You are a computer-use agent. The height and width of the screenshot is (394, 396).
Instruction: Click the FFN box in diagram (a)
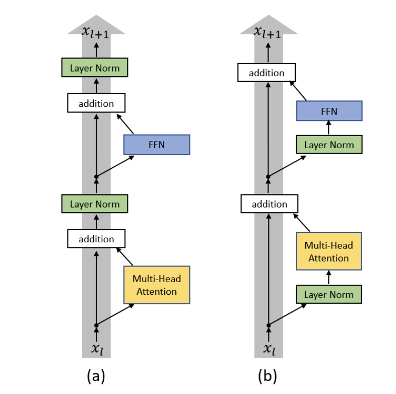157,145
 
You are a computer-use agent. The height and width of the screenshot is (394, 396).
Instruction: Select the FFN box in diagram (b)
329,110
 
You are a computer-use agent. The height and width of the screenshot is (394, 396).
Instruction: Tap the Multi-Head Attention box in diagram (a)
157,285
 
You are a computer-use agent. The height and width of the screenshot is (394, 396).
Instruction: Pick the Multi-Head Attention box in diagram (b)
329,251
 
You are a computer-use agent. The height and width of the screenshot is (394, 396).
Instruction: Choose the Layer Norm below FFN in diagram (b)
329,145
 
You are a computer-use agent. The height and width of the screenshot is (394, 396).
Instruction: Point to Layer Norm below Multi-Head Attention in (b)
329,294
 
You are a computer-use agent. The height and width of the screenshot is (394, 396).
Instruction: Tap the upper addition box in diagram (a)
96,103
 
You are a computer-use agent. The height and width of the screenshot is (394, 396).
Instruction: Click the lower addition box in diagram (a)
96,239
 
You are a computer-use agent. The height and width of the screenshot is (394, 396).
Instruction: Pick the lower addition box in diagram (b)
269,204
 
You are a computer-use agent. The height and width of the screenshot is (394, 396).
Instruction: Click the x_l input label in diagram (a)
96,349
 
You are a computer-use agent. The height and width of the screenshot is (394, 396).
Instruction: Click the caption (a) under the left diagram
96,375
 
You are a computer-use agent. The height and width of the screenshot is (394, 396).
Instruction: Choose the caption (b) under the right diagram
268,375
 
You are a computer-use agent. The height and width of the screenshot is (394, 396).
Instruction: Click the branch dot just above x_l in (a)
96,325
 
